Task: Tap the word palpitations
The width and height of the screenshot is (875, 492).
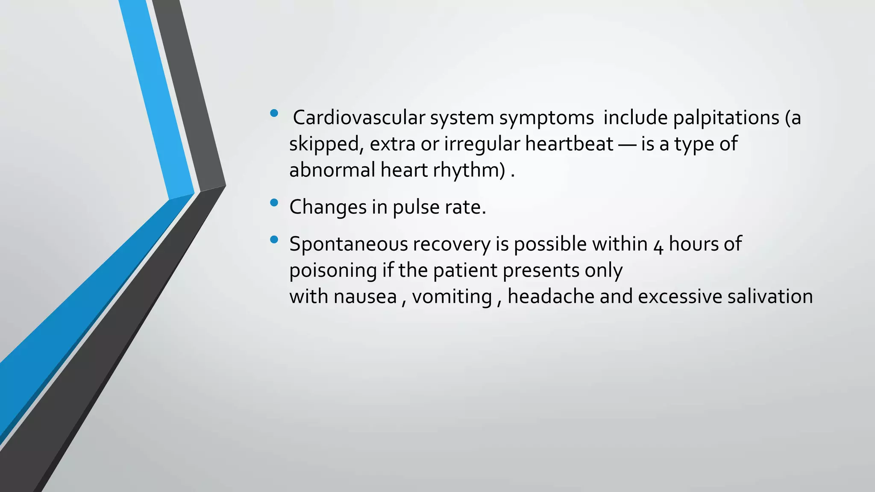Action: [x=726, y=118]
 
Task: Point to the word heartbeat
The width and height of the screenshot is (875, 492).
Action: [x=569, y=143]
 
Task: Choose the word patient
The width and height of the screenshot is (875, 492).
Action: [x=465, y=271]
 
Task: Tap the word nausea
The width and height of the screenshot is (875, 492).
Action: [x=365, y=297]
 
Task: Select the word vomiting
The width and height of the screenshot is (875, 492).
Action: [x=452, y=297]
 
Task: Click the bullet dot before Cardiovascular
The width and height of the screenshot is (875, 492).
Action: [x=274, y=113]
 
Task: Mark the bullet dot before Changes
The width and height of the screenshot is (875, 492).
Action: [x=274, y=202]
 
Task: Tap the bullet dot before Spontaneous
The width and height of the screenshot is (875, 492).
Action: [x=274, y=240]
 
